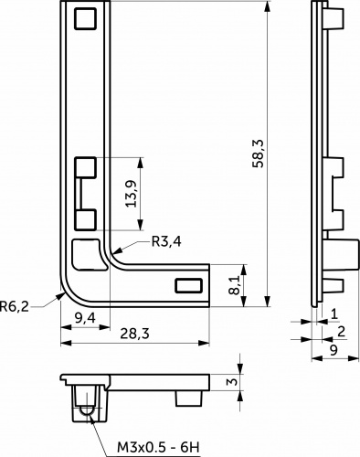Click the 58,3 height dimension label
258,154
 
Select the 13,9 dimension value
132,194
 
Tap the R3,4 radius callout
166,242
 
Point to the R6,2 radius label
15,306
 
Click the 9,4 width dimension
85,318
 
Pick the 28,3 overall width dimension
134,334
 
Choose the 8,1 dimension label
234,285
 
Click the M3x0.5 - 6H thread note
158,448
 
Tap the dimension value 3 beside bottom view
233,382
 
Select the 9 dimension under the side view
334,350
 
